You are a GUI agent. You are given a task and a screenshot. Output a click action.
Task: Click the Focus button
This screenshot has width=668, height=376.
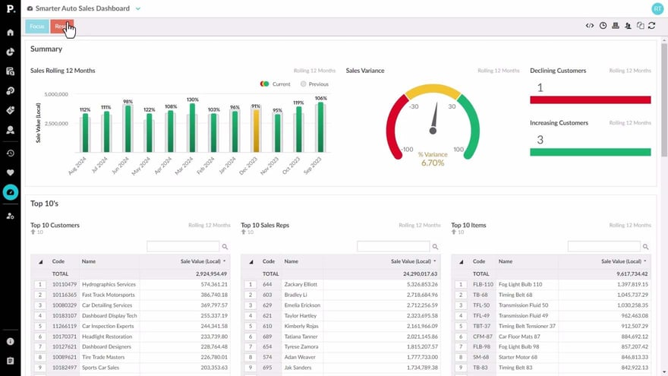coord(36,27)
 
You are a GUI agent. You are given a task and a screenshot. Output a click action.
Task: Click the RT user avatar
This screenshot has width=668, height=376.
coord(657,8)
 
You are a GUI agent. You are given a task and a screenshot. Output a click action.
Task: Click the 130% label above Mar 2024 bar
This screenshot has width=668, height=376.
coord(192,100)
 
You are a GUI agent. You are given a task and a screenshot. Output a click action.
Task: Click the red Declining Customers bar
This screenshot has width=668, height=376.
coord(590,100)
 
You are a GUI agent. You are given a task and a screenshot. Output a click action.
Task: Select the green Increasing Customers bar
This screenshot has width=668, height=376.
coord(590,152)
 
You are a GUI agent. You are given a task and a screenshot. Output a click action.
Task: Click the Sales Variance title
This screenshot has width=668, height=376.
coord(365,71)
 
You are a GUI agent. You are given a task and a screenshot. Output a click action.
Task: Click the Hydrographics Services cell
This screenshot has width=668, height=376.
coord(109,284)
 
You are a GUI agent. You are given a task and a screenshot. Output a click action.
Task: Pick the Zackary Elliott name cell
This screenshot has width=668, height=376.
coord(301,284)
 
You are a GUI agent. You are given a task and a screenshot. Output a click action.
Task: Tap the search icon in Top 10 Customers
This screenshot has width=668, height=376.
coord(224,247)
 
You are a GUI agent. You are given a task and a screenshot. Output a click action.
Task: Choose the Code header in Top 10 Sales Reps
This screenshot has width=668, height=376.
coord(269,261)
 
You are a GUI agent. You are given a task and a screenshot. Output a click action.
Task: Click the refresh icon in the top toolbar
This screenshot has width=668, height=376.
coord(651,26)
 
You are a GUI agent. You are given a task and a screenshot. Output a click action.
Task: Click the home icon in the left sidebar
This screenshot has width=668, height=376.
coord(11,33)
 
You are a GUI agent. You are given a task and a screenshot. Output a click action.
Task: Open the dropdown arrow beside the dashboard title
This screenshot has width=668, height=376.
coord(137,9)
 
